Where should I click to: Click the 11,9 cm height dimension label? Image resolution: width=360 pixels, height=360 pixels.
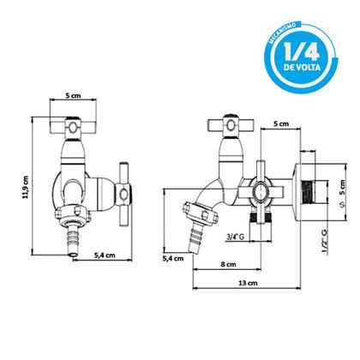coord(26,187)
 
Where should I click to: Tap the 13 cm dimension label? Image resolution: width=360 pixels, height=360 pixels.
coord(248,283)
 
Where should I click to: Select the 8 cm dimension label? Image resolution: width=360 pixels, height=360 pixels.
coord(229,264)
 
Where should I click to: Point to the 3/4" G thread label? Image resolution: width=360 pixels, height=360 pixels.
coord(235,237)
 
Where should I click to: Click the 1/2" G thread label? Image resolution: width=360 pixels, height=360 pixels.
coord(325,241)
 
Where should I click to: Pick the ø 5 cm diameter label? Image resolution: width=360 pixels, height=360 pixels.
coord(342,194)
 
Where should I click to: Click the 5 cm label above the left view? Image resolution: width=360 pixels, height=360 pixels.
coord(73,95)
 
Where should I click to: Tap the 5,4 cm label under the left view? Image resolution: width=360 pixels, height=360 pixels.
coord(105,255)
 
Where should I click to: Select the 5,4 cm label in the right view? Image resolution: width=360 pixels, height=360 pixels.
coord(173,259)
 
